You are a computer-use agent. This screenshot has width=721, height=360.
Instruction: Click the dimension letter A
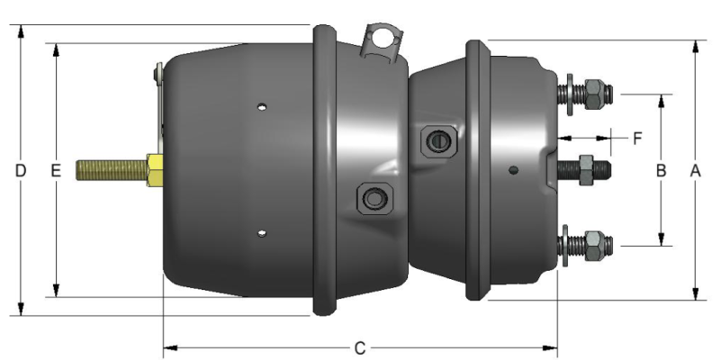click(x=695, y=169)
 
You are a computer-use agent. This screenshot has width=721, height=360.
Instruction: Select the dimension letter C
click(x=359, y=346)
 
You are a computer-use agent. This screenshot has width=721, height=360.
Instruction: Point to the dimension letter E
click(x=55, y=169)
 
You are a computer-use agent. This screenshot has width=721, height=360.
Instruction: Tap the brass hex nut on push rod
click(x=152, y=169)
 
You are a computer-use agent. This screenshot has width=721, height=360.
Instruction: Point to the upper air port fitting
click(x=438, y=139)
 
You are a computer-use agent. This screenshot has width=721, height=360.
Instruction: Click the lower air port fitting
click(x=373, y=196)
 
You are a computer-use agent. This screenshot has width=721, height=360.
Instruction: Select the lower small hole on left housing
click(x=261, y=234)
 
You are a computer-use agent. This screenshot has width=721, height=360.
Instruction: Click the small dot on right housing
click(x=512, y=169)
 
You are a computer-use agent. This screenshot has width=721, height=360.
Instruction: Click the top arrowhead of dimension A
click(x=695, y=45)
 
